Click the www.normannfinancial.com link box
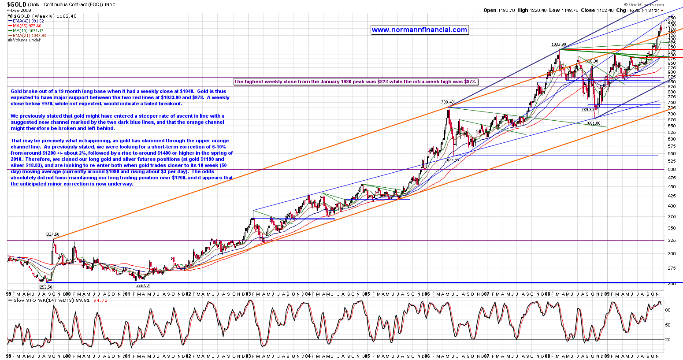[419, 30]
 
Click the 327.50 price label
[53, 235]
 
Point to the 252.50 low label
[46, 287]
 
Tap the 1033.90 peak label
[558, 45]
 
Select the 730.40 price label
[447, 102]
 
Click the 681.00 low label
[594, 123]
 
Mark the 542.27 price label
[453, 161]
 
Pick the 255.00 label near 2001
[142, 286]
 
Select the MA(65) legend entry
[26, 26]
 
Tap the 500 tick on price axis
[672, 169]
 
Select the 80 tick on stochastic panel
[668, 310]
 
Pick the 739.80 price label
[587, 110]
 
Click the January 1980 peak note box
[355, 82]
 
